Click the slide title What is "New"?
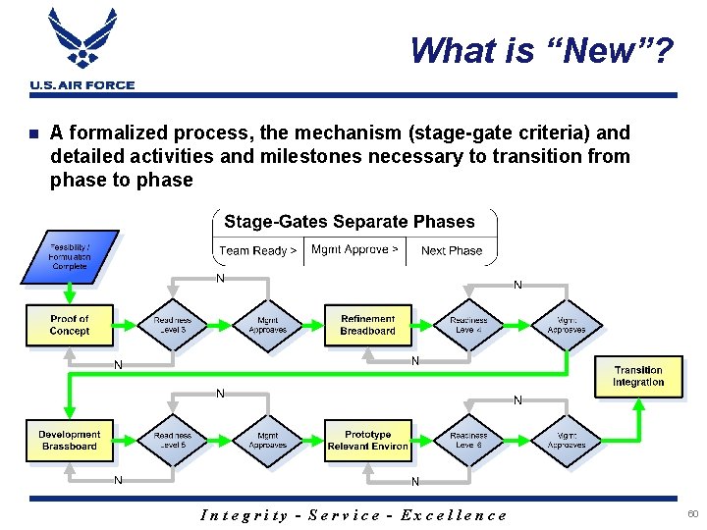(541, 50)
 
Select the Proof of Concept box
(69, 325)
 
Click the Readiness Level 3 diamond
(172, 325)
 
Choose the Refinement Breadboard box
(367, 325)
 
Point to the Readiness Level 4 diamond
(468, 325)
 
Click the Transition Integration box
(637, 376)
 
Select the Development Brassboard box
(69, 441)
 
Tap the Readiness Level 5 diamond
(172, 441)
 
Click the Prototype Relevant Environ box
(367, 441)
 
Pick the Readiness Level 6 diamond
(468, 441)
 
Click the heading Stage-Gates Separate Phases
(349, 222)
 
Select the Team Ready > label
(257, 250)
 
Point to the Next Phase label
(452, 250)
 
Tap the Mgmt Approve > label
(354, 249)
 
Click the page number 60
(692, 514)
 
